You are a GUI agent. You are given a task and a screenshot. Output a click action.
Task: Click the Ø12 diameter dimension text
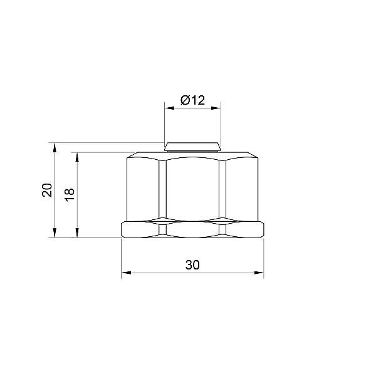coord(192,100)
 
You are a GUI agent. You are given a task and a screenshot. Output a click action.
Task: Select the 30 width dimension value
coord(192,265)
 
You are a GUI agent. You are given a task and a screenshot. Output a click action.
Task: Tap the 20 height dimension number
coord(46,191)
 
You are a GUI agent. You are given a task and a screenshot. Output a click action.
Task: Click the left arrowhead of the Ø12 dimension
coord(168,108)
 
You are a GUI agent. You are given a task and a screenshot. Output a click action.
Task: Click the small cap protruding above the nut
coord(192,147)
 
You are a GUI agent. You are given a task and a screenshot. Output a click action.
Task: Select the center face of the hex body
coord(192,188)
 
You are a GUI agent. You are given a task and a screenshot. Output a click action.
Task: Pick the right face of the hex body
coord(242,188)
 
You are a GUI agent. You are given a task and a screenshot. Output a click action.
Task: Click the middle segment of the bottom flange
coord(192,230)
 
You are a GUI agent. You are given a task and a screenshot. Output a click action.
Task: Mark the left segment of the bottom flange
coord(144,230)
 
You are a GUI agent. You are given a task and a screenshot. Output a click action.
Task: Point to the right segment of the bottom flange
coord(242,230)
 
